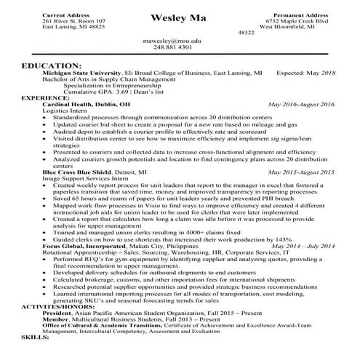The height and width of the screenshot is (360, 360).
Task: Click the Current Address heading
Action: (68, 15)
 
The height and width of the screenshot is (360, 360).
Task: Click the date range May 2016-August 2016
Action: (301, 105)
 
